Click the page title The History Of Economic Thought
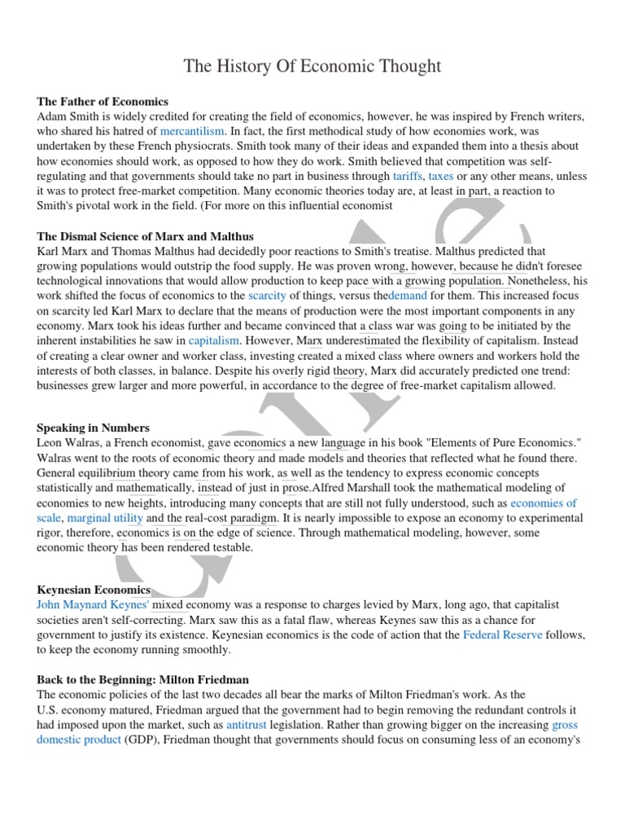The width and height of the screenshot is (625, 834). (312, 66)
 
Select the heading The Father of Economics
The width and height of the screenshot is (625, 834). (103, 102)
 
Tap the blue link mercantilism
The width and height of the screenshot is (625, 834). (192, 131)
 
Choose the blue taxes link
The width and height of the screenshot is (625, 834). (441, 176)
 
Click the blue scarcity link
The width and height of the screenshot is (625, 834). (268, 296)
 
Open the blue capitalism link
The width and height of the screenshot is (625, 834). (214, 340)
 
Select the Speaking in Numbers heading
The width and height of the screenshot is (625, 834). (94, 428)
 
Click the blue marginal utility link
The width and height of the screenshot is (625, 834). (105, 518)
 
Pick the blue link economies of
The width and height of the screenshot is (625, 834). (544, 503)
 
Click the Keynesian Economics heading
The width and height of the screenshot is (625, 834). (94, 590)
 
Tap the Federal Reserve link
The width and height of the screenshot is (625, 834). (502, 634)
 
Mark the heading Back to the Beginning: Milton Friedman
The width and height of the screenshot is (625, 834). (143, 679)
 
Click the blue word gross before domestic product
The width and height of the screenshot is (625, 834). (565, 724)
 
